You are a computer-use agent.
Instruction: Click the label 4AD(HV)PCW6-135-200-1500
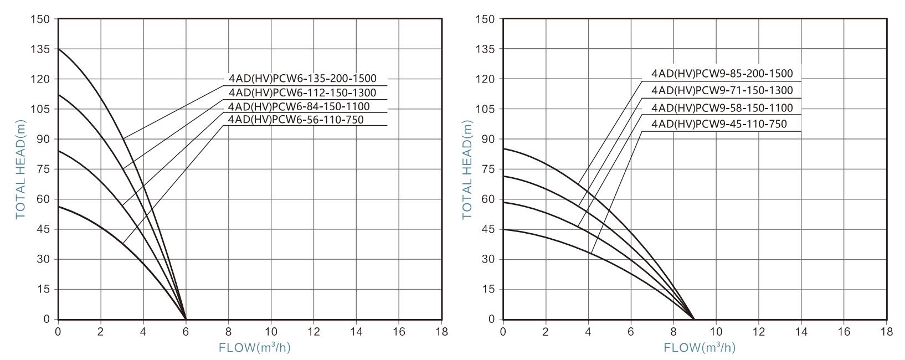click(302, 79)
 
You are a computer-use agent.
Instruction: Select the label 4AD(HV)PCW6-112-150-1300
click(302, 92)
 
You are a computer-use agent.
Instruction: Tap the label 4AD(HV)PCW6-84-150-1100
click(299, 106)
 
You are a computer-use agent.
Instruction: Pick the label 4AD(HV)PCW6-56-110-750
click(296, 120)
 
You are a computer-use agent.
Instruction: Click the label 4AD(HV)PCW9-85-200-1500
click(722, 73)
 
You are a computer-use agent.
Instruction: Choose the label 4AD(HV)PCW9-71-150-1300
click(722, 90)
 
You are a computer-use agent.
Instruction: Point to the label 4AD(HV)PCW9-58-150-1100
click(722, 108)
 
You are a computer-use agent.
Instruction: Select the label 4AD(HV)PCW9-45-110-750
click(719, 124)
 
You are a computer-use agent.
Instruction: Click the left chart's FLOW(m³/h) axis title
click(255, 348)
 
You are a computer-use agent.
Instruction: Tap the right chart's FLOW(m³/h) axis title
click(700, 348)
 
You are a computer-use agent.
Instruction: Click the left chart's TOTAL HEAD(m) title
click(20, 169)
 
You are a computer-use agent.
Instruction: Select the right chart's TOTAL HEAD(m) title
click(467, 169)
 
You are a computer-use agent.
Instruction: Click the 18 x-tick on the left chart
click(441, 332)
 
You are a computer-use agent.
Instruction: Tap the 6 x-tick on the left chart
click(186, 332)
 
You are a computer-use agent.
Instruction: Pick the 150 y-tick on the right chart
click(487, 19)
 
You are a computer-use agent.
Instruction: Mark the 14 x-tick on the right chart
click(801, 332)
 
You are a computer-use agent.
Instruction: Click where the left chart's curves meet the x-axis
click(186, 320)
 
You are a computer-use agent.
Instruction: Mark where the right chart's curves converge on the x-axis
click(694, 320)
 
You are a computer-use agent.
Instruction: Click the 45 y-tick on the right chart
click(489, 229)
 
